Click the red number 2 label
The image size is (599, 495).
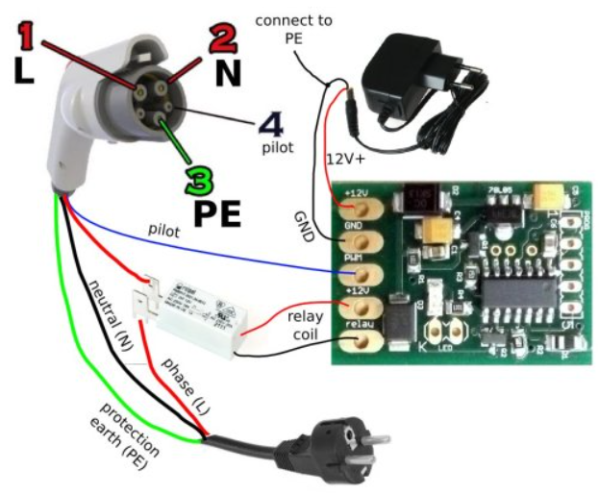coord(221,39)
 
